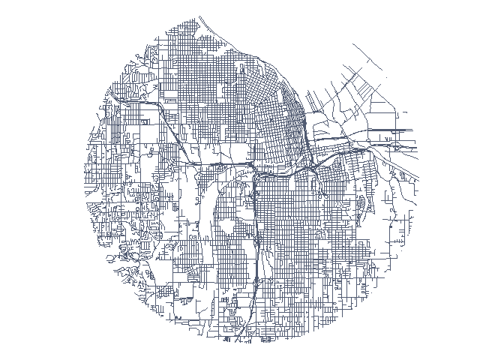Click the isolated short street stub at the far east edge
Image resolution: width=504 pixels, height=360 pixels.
[x=406, y=113]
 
